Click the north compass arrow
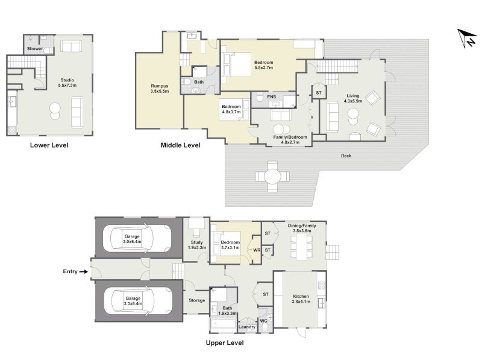click(x=466, y=38)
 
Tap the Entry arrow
click(x=83, y=272)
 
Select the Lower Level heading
click(x=49, y=145)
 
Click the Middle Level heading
click(x=180, y=145)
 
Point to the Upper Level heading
click(x=225, y=343)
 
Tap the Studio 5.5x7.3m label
click(x=67, y=83)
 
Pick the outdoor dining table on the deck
click(x=272, y=177)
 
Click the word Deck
click(x=346, y=156)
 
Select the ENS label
click(x=272, y=97)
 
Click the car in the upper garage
click(x=137, y=239)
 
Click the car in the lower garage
click(x=138, y=301)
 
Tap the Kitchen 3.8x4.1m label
click(x=301, y=298)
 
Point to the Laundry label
click(x=247, y=327)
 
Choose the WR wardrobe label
click(x=257, y=250)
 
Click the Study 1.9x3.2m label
click(x=197, y=245)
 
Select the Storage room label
click(x=197, y=300)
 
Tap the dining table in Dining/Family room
click(x=302, y=247)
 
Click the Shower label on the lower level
click(x=35, y=49)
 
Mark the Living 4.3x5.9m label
click(x=353, y=98)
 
